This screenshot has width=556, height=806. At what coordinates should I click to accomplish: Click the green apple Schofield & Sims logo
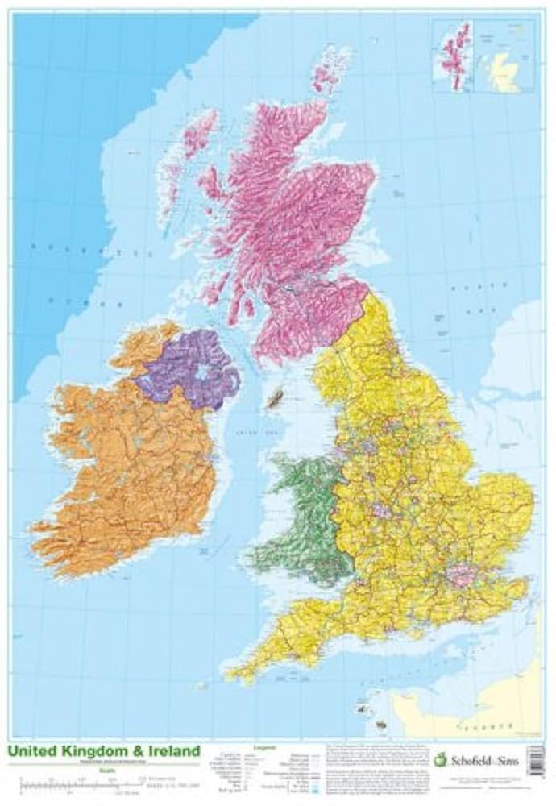[439, 759]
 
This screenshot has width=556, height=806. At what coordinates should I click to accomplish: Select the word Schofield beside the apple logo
[467, 759]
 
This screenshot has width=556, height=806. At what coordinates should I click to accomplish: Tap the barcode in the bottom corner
[535, 760]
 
